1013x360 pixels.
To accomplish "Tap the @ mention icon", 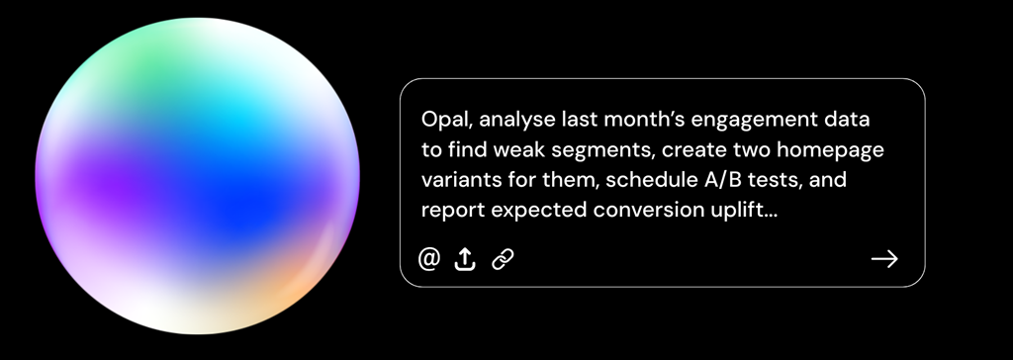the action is point(429,258).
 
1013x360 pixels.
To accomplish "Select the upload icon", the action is point(465,259).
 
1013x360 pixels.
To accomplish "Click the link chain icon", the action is point(502,259).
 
